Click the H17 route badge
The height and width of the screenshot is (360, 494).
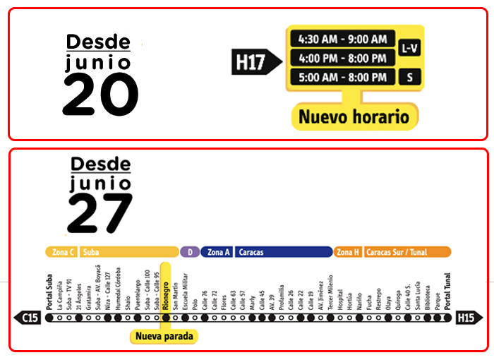point(251,62)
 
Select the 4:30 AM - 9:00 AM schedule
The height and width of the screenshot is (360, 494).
point(343,39)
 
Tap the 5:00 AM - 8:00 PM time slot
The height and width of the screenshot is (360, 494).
point(343,77)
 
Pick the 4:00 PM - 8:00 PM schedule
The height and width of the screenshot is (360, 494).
point(343,58)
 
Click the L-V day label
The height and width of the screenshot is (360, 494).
point(409,48)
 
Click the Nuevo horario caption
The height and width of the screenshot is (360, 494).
point(354,116)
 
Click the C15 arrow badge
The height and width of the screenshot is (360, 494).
point(28,318)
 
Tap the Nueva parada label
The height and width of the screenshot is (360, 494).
point(163,337)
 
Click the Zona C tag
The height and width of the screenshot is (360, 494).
point(61,252)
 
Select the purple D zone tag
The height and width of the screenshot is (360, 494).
point(189,252)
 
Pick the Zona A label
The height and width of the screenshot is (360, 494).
point(217,252)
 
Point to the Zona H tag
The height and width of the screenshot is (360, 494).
point(348,252)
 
